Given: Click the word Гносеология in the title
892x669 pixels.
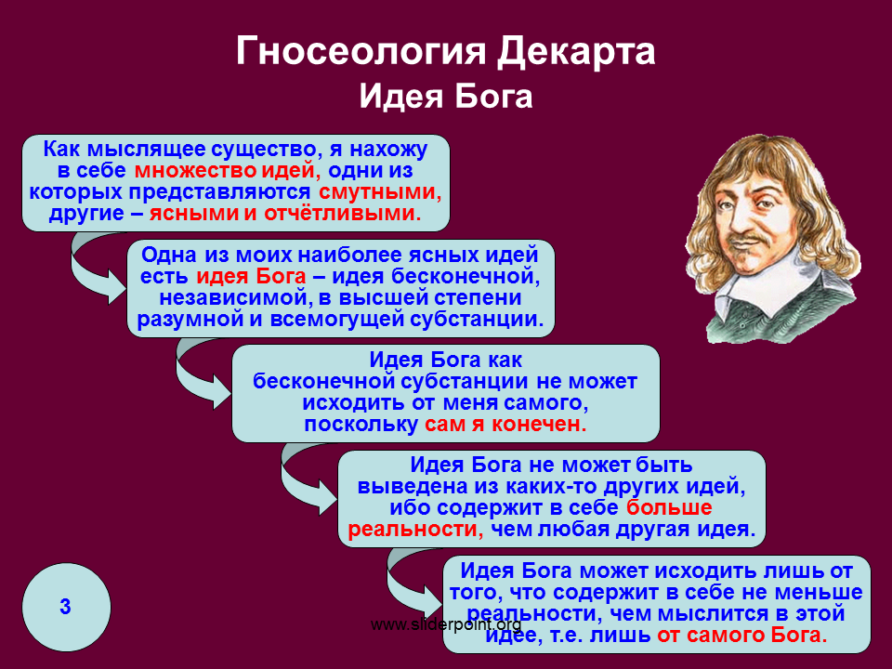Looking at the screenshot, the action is click(361, 52).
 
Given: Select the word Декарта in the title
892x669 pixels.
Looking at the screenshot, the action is click(576, 52).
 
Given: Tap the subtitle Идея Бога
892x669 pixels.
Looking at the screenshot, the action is click(446, 96).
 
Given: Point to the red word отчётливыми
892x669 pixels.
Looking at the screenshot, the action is click(343, 214).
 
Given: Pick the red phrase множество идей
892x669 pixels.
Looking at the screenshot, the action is click(228, 171).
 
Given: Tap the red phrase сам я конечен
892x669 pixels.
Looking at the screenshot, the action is click(505, 424).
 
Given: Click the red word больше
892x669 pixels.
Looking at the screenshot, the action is click(669, 507).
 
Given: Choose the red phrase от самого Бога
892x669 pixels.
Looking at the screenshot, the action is click(742, 635).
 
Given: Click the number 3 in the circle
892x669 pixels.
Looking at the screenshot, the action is click(65, 607).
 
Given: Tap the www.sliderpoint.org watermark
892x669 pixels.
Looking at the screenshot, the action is click(446, 624).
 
